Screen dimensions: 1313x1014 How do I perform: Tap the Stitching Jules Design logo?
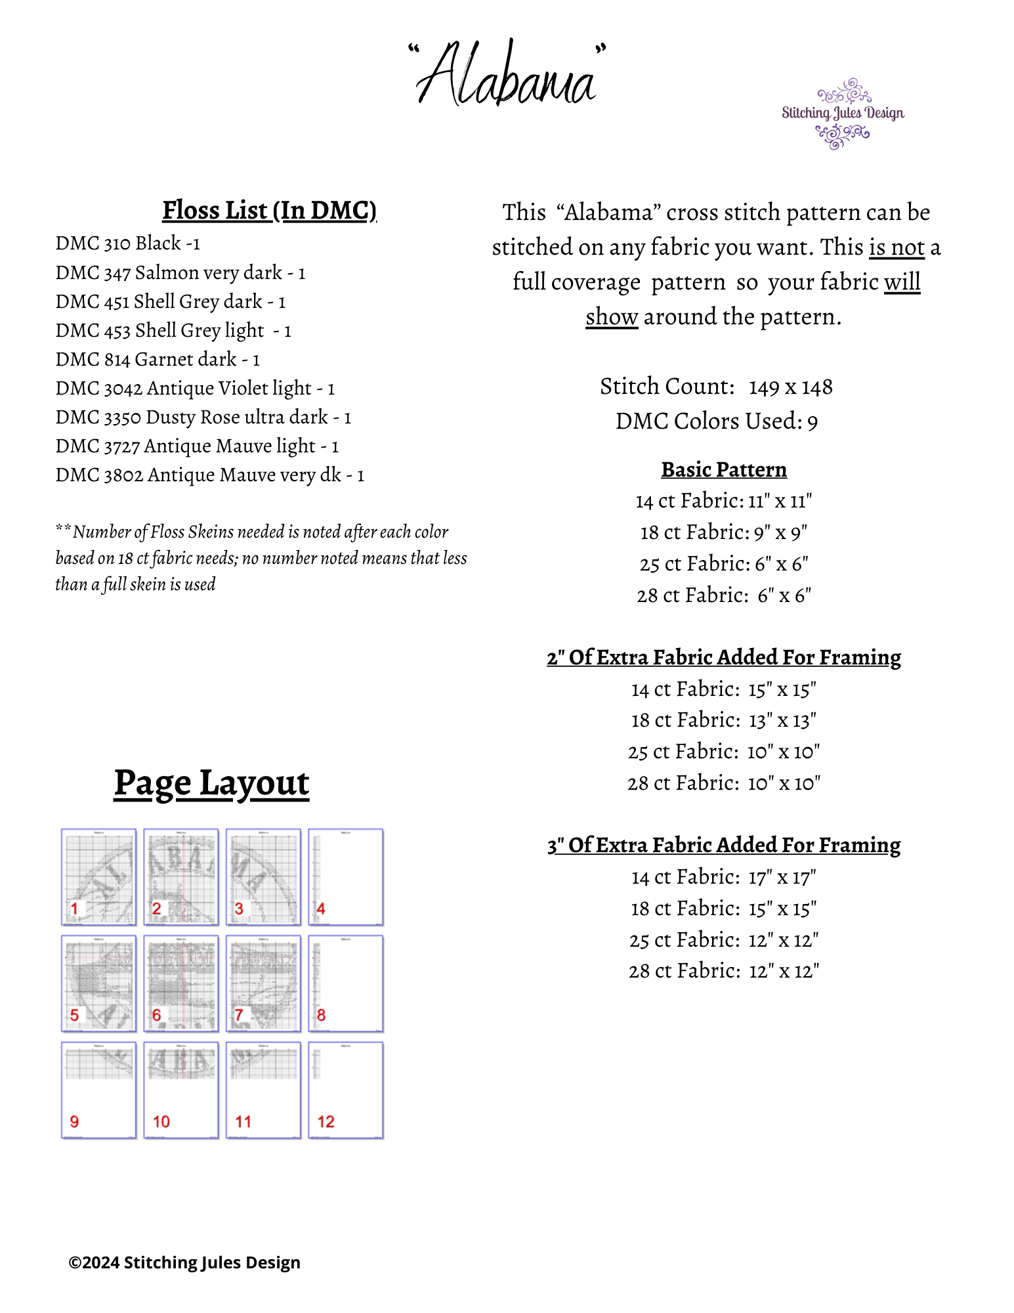tap(843, 114)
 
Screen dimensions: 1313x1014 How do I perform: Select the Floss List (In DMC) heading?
tap(269, 211)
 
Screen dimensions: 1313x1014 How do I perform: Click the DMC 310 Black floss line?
tap(128, 244)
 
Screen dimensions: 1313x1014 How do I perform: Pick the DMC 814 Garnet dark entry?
tap(158, 360)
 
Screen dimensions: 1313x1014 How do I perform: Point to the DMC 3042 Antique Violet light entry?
tap(195, 389)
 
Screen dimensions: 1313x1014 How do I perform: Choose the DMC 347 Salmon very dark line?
tap(180, 272)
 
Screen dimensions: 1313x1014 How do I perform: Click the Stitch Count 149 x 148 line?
tap(716, 387)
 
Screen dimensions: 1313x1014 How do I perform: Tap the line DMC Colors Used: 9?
tap(716, 421)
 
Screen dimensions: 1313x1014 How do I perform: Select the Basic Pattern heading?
tap(723, 470)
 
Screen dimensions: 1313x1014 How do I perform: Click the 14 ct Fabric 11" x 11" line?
tap(723, 502)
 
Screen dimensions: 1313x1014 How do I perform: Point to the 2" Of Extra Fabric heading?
tap(723, 658)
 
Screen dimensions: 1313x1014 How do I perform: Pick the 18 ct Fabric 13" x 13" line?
tap(723, 721)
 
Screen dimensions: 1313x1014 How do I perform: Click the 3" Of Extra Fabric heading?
tap(723, 846)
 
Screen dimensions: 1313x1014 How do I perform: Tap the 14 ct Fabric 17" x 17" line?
tap(723, 878)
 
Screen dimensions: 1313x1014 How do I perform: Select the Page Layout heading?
tap(211, 783)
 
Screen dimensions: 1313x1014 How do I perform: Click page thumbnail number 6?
tap(181, 983)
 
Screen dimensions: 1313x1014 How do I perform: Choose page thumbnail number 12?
tap(346, 1090)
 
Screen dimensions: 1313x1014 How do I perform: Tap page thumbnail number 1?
tap(99, 877)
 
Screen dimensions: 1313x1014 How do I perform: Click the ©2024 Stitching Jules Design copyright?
tap(184, 1262)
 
